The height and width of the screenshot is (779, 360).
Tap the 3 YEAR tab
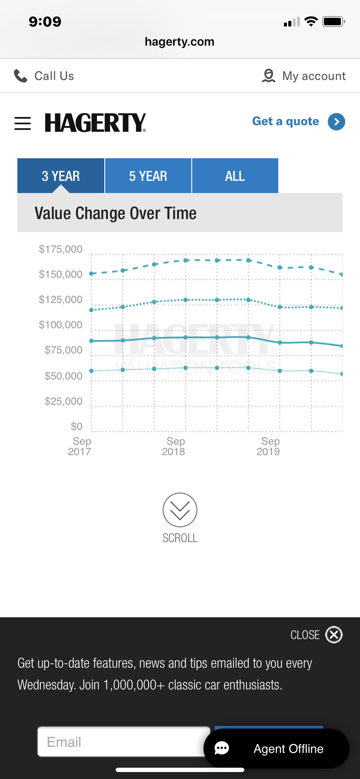pos(61,176)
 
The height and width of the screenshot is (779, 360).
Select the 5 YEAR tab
pos(148,176)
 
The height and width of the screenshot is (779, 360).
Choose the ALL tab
pos(235,176)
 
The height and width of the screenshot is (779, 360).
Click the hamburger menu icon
pos(23,123)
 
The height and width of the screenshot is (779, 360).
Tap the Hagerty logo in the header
pos(95,123)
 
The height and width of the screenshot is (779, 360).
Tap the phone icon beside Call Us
pos(20,76)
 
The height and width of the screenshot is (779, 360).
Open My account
pos(304,76)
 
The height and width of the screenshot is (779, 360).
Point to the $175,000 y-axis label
pos(60,249)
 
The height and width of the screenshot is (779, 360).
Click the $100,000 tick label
pos(60,325)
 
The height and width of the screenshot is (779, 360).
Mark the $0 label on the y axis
pos(77,426)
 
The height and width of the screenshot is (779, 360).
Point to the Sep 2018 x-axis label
pos(174,446)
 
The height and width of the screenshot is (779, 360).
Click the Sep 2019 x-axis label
pos(269,446)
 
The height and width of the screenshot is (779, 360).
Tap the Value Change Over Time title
pos(116,213)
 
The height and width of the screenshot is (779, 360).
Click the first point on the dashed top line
pos(92,273)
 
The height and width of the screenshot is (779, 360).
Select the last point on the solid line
pos(342,346)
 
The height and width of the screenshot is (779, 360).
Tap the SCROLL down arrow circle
pos(180,510)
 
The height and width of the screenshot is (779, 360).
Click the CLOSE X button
pos(334,635)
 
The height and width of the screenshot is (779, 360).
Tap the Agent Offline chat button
pos(277,749)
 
